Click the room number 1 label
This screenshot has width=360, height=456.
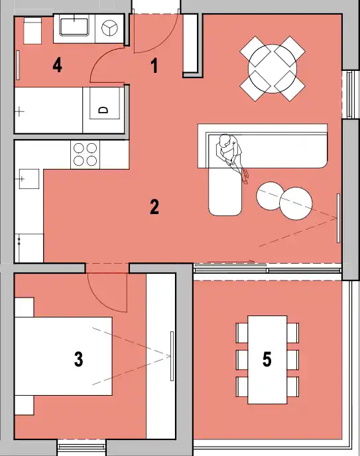(x=154, y=66)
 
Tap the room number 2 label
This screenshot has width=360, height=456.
(x=154, y=207)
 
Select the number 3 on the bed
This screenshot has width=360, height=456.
(x=78, y=359)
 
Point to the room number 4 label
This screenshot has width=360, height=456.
(x=57, y=65)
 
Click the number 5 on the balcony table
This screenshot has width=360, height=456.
(x=267, y=359)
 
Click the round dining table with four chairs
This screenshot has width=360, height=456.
(x=272, y=69)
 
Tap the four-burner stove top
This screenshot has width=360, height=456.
(x=86, y=154)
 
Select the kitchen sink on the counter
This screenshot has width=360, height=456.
(x=29, y=178)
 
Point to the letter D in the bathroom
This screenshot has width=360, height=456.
(x=103, y=110)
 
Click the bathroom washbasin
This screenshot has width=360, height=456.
(x=74, y=27)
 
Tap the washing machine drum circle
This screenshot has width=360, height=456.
(x=109, y=28)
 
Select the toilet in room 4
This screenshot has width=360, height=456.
(x=32, y=30)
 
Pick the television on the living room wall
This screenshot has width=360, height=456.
(x=338, y=218)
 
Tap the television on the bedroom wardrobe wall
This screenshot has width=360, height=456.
(x=172, y=356)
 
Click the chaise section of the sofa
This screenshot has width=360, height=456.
(x=225, y=192)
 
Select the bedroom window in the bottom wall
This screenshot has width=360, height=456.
(x=82, y=447)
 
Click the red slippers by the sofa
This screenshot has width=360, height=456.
(x=245, y=177)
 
